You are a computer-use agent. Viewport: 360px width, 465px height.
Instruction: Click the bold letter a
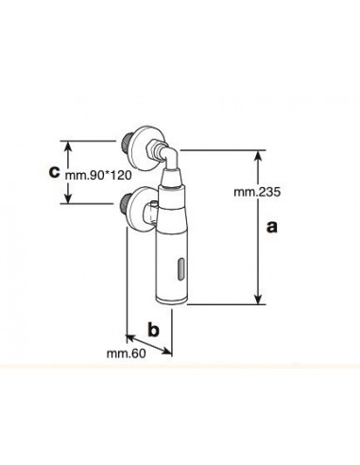point(272,227)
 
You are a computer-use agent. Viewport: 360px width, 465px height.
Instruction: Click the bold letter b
point(153,329)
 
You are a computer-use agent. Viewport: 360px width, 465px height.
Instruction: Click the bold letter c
point(54,172)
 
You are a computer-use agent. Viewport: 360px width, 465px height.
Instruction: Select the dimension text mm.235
point(257,192)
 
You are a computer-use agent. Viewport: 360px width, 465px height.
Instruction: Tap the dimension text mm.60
point(126,353)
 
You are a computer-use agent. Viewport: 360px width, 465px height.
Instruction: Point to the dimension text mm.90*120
point(98,175)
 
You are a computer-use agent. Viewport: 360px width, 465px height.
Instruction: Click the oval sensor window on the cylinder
point(181,269)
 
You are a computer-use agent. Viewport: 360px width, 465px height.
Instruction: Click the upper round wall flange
point(144,148)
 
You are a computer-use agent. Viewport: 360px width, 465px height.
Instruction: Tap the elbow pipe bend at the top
point(171,156)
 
